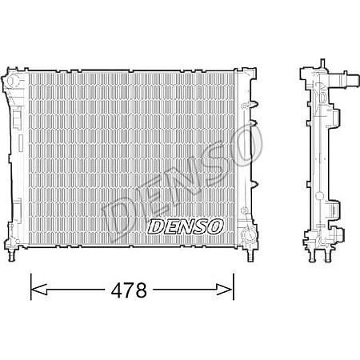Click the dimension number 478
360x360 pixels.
coord(131,290)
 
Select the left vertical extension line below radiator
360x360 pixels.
coord(30,284)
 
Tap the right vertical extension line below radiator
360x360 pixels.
coord(233,284)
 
